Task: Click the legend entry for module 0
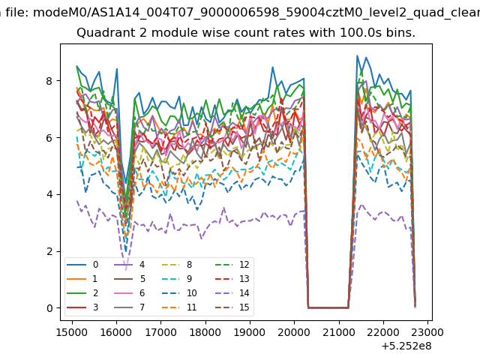coord(82,265)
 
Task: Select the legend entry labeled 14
coord(232,293)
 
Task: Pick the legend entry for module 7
coord(129,307)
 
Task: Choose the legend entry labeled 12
coord(232,265)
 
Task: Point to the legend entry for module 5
coord(129,279)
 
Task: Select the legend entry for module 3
coord(82,307)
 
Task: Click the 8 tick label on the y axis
coord(49,81)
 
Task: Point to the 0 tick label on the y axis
coord(49,308)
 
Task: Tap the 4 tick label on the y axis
coord(49,194)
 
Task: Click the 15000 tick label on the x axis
coord(72,332)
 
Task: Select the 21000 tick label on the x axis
coord(339,332)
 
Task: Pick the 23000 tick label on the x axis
coord(427,332)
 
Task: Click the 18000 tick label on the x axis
coord(205,332)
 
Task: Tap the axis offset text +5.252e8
coord(406,346)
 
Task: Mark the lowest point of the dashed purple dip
coord(126,270)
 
